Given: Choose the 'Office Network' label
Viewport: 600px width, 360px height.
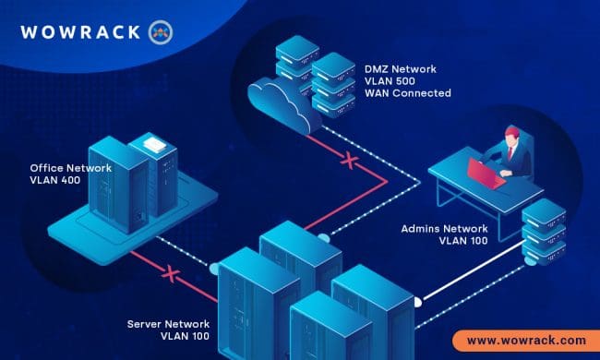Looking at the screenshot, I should tap(70, 169).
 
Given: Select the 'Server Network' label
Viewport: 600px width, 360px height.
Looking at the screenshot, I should tap(170, 324).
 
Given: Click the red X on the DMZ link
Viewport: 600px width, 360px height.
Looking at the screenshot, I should tap(349, 161).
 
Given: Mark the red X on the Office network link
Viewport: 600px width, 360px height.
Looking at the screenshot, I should tap(168, 273).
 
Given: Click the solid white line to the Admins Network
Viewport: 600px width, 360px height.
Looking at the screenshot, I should tap(471, 278).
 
